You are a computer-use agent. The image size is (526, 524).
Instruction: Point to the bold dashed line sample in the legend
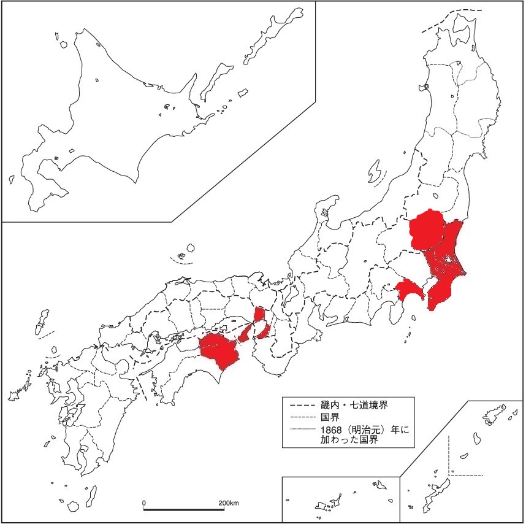(x=299, y=405)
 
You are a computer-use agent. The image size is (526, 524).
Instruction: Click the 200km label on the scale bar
(x=228, y=503)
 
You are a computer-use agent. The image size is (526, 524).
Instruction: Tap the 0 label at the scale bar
(x=144, y=503)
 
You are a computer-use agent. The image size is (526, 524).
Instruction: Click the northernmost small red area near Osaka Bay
(x=259, y=315)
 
